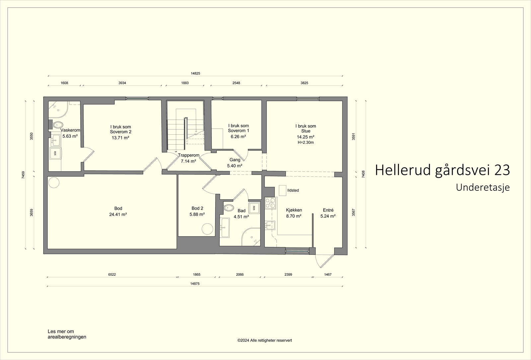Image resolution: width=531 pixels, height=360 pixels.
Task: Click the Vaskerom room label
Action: (x=70, y=130)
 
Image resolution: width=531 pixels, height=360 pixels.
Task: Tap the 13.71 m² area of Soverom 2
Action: (x=120, y=138)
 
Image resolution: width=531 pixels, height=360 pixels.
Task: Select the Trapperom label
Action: (x=189, y=155)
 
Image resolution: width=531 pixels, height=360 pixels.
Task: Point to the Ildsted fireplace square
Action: (x=282, y=190)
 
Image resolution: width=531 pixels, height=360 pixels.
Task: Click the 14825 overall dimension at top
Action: (x=195, y=73)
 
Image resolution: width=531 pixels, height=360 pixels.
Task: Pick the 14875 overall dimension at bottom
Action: (x=195, y=284)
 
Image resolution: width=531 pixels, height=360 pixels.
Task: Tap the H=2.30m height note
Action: (x=306, y=142)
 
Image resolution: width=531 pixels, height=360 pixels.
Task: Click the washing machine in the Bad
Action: (x=254, y=208)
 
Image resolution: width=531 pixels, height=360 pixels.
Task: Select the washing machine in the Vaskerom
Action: (x=55, y=153)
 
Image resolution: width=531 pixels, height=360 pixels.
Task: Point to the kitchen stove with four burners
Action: (x=270, y=202)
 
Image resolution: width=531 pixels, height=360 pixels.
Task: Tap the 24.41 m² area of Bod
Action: (x=118, y=214)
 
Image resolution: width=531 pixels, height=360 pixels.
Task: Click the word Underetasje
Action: (x=483, y=187)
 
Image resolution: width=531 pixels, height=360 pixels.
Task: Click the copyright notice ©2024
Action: (x=265, y=340)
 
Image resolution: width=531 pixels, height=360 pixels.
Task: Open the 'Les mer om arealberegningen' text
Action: (x=67, y=334)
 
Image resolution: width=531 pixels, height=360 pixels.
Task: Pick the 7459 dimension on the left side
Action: (x=23, y=175)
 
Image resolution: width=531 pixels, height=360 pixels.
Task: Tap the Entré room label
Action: (x=328, y=210)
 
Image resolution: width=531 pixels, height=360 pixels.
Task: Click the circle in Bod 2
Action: (x=207, y=229)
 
